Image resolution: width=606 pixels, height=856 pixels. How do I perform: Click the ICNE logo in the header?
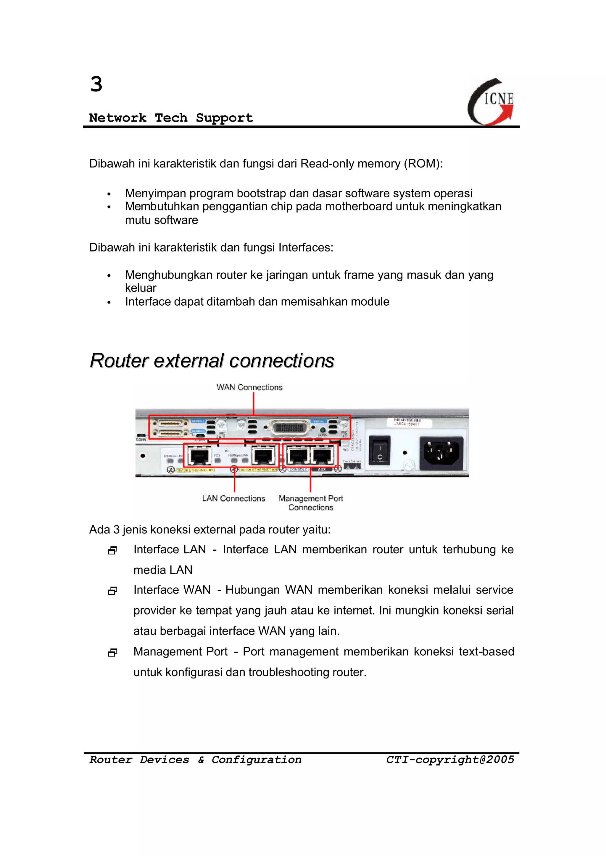click(x=491, y=101)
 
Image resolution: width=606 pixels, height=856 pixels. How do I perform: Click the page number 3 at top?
click(x=96, y=84)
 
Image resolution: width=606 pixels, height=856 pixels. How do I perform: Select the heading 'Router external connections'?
click(x=212, y=361)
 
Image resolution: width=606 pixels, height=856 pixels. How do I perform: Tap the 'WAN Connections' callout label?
click(x=249, y=387)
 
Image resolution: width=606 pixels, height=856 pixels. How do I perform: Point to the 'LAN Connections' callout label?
click(x=233, y=499)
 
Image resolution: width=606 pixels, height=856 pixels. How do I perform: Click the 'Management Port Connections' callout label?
click(x=310, y=503)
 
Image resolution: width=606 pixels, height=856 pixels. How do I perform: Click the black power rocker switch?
click(x=380, y=450)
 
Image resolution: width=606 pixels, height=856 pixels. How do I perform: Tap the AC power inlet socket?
click(x=441, y=453)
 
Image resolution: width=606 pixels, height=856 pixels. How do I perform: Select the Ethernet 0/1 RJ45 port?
click(x=199, y=456)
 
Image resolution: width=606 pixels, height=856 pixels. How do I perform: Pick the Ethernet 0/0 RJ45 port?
click(x=263, y=456)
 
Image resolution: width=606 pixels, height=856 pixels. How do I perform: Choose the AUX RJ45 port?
click(x=322, y=456)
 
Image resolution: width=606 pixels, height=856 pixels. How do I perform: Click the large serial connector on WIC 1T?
click(x=290, y=428)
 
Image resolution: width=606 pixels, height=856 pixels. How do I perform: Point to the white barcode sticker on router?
click(x=408, y=423)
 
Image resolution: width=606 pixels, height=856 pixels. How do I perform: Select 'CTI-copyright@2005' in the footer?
click(x=450, y=760)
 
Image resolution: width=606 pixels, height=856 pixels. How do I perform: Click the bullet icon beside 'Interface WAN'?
click(x=113, y=591)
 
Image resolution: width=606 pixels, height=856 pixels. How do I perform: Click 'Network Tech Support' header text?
click(x=171, y=118)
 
